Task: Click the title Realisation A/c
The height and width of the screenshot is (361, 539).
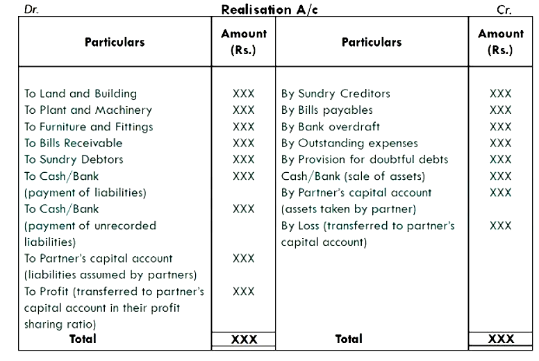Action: [x=269, y=10]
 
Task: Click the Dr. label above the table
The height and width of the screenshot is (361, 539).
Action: [x=31, y=10]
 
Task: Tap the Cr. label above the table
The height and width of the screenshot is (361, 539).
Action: [x=504, y=10]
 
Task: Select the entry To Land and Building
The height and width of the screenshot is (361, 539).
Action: [x=81, y=94]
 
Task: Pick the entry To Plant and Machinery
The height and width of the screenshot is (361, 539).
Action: [x=88, y=110]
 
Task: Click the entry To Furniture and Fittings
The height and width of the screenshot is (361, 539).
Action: [x=88, y=127]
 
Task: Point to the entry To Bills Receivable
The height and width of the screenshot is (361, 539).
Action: [x=73, y=143]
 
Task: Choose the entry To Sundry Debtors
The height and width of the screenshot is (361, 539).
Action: [x=74, y=160]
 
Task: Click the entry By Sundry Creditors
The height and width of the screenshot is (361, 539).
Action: [x=335, y=94]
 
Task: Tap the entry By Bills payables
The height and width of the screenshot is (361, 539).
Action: [x=327, y=110]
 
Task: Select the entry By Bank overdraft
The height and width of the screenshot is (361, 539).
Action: [x=331, y=127]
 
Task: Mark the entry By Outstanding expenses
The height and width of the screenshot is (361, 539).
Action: [x=349, y=143]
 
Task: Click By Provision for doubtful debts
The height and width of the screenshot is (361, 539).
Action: [x=365, y=160]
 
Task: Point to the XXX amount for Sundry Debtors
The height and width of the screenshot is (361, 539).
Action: [x=244, y=160]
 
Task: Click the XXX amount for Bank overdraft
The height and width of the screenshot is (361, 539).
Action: [x=501, y=127]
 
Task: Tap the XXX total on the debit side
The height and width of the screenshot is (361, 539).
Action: [x=244, y=339]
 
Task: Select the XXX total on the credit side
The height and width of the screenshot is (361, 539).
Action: [x=501, y=339]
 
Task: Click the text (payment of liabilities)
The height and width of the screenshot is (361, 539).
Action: [x=85, y=193]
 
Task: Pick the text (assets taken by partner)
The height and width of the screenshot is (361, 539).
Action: [x=349, y=209]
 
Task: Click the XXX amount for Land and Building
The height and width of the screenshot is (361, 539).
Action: [x=244, y=94]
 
